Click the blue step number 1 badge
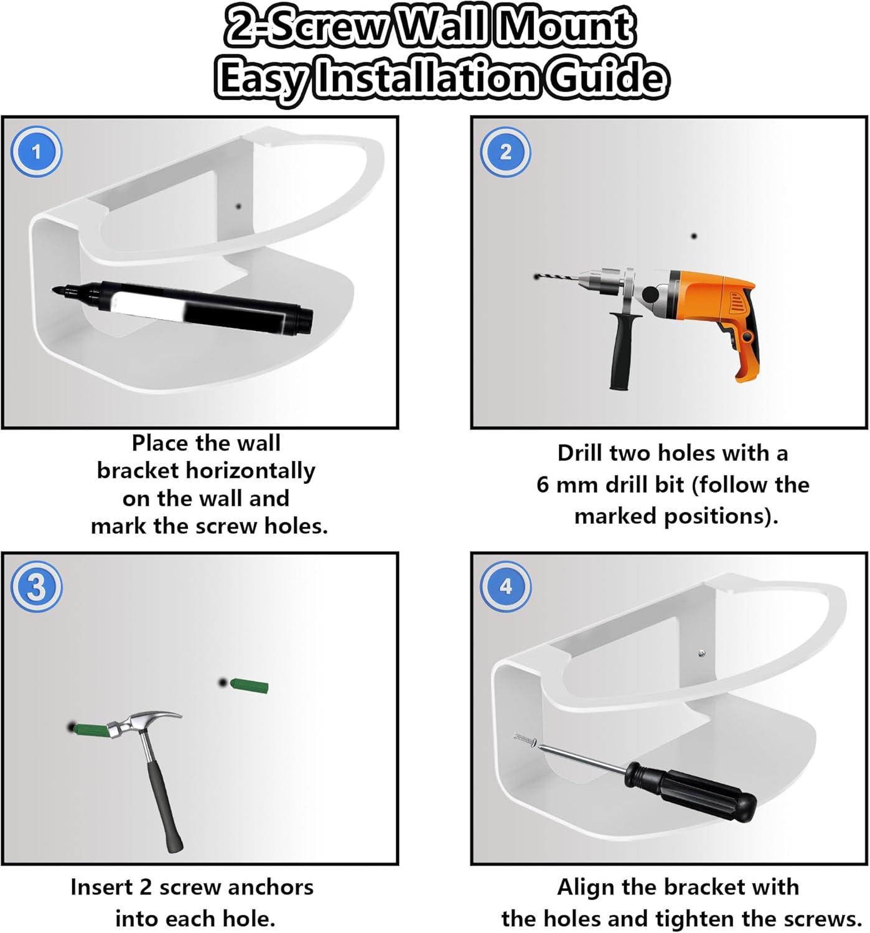(x=36, y=151)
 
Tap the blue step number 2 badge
(x=505, y=151)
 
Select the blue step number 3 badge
(x=36, y=586)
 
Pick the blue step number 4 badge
(x=505, y=586)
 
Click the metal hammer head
(x=141, y=723)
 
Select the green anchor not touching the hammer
(x=249, y=686)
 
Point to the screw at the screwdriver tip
(x=525, y=739)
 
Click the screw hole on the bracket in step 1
(x=238, y=206)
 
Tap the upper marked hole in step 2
(x=694, y=236)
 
